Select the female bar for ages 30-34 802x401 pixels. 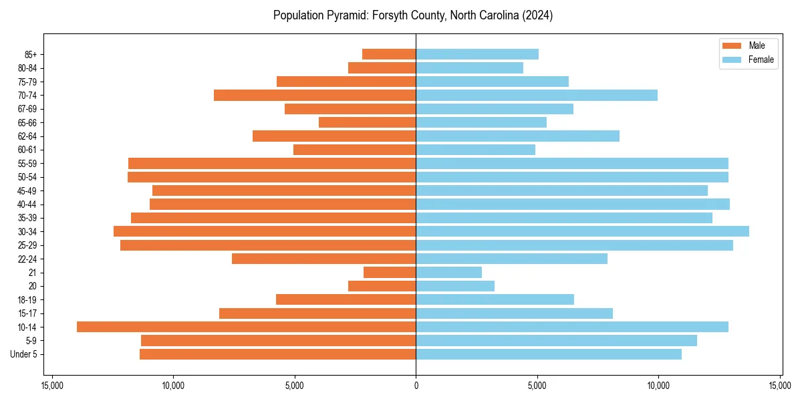click(582, 231)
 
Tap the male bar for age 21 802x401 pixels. click(390, 272)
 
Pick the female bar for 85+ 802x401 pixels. click(477, 54)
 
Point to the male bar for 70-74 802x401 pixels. click(315, 95)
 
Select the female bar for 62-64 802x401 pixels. click(517, 136)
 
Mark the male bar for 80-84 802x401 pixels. click(382, 68)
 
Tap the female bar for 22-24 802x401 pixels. click(511, 259)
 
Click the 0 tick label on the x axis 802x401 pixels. click(416, 386)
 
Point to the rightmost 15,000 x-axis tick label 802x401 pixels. click(779, 386)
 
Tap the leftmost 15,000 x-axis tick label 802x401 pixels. click(52, 386)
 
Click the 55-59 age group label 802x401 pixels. click(27, 163)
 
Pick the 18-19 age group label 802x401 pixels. click(27, 299)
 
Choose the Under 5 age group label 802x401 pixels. click(24, 354)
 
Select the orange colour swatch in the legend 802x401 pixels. click(732, 45)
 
